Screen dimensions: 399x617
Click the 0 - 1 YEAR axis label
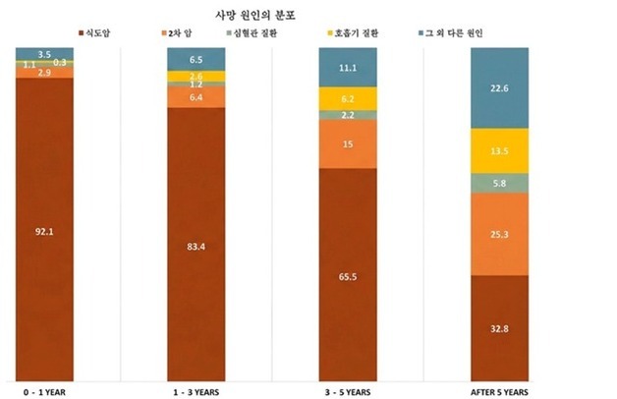[x=45, y=390]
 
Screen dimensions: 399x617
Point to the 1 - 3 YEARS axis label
[x=196, y=390]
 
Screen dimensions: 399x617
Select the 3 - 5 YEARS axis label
[x=349, y=390]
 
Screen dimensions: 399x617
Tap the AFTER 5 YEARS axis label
[x=499, y=390]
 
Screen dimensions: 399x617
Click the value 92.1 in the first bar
[x=45, y=232]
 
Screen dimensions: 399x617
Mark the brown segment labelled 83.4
[x=196, y=245]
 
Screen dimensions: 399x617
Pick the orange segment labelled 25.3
[x=500, y=234]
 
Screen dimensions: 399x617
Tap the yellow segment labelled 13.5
[x=500, y=150]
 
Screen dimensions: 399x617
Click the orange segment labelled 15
[x=349, y=144]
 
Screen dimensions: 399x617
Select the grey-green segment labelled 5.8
[x=500, y=182]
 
